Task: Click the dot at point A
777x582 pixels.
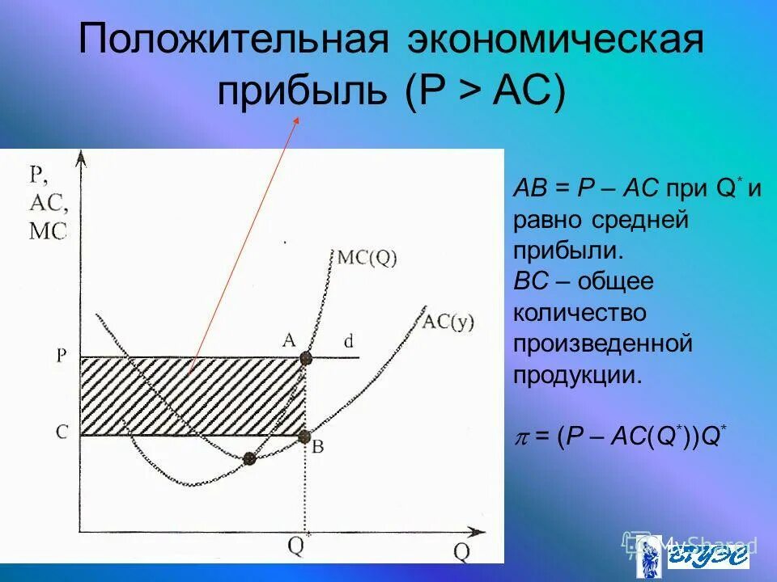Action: (x=305, y=358)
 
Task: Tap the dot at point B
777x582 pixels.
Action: (x=305, y=436)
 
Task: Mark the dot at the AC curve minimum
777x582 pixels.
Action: (x=249, y=458)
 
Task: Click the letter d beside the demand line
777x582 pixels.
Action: (x=349, y=342)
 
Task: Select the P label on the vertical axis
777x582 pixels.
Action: (x=62, y=356)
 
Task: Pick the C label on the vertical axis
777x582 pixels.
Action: (x=62, y=433)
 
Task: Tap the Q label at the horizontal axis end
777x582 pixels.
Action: (x=461, y=552)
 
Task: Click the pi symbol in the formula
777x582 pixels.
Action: (x=521, y=436)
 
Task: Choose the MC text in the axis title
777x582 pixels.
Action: (x=48, y=232)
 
